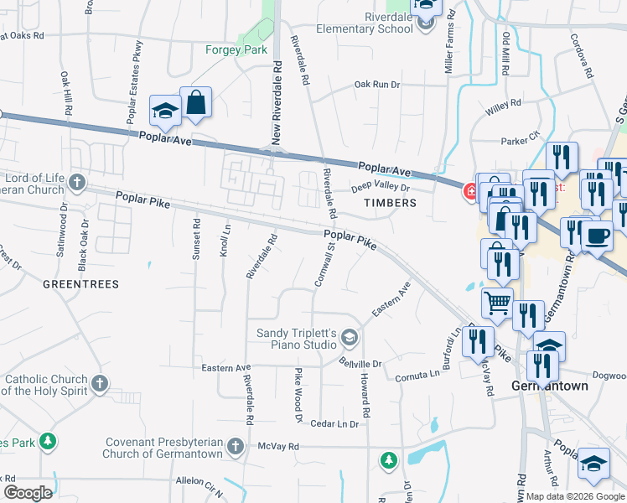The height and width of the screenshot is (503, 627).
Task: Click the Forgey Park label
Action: [236, 49]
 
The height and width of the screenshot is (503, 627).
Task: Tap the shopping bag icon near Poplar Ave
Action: [195, 104]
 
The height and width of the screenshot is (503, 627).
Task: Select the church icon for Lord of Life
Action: [77, 182]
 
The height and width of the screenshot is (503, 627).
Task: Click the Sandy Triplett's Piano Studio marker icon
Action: [350, 339]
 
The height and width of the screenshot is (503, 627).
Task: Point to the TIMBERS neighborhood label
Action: [390, 203]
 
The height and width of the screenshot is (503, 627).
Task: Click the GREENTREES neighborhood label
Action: [80, 284]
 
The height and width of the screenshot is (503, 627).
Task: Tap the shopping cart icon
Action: [498, 303]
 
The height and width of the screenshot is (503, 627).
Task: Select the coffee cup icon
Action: [597, 236]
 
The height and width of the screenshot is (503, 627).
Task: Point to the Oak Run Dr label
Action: [377, 85]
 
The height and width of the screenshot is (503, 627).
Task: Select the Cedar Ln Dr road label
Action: [334, 424]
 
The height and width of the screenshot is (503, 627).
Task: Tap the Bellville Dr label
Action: [360, 363]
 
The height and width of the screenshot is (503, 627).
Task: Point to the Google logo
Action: [28, 492]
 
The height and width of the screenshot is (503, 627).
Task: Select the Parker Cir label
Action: [521, 141]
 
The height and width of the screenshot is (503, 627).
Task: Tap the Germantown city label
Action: [548, 386]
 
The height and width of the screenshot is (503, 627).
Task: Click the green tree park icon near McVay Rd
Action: [388, 459]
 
